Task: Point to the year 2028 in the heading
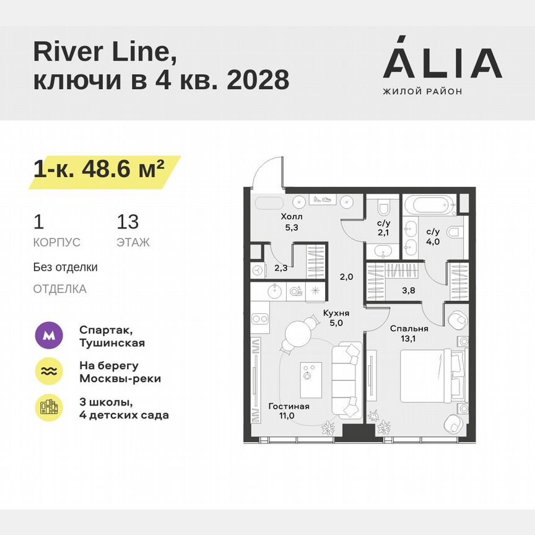[258, 80]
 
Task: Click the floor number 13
[128, 222]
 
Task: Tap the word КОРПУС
[56, 243]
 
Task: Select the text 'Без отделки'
[65, 267]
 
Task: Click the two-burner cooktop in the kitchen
[260, 320]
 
